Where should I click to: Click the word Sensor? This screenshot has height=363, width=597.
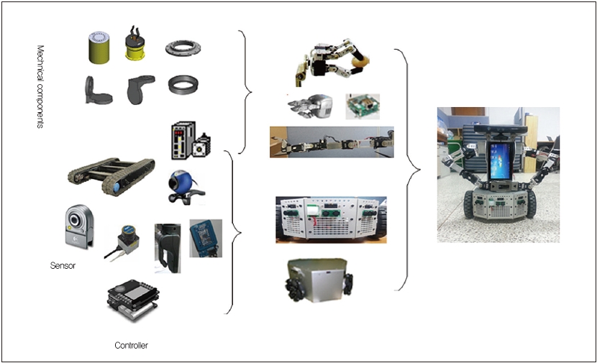pos(63,265)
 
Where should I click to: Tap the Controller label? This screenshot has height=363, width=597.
pos(131,346)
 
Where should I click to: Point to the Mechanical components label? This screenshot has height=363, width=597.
pos(40,87)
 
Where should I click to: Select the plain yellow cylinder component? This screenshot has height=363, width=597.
pos(99,47)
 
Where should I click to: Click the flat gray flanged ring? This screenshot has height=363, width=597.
pos(183,48)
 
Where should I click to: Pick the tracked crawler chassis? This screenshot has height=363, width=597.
pos(111,176)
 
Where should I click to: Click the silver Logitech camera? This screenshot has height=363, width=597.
pos(79,226)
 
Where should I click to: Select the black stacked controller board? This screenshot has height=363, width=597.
pos(133,300)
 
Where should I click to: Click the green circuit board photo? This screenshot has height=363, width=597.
pos(362,106)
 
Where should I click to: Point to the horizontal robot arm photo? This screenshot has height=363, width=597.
pos(332,142)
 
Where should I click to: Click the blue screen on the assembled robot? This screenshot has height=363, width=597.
pos(500,161)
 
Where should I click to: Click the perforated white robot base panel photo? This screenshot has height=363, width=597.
pos(331,219)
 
